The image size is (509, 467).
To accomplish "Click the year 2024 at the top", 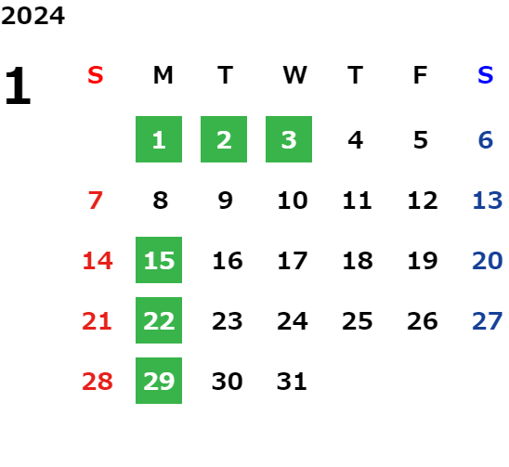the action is click(33, 16).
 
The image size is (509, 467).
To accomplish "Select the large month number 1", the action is click(18, 85).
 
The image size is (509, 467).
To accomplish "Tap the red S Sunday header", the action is click(96, 75).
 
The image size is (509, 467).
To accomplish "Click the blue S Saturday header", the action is click(485, 75).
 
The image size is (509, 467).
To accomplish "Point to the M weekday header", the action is click(163, 75).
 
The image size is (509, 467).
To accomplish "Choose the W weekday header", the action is click(294, 75).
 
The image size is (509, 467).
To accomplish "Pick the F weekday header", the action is click(421, 75).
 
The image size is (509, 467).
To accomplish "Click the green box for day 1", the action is click(159, 139).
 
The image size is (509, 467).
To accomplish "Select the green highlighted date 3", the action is click(289, 139).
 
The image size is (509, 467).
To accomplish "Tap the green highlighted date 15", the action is click(159, 260).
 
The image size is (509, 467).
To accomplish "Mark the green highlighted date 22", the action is click(159, 320).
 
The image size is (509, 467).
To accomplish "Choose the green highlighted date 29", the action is click(159, 381).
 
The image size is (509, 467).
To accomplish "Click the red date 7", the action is click(96, 201).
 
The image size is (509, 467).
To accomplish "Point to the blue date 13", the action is click(488, 201).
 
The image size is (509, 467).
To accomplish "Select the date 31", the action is click(292, 381).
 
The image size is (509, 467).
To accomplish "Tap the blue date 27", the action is click(488, 321).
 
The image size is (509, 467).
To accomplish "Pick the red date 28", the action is click(98, 381).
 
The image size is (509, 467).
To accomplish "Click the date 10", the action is click(293, 201).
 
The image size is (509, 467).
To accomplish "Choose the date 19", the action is click(423, 261).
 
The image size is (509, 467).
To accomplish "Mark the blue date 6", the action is click(486, 140).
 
